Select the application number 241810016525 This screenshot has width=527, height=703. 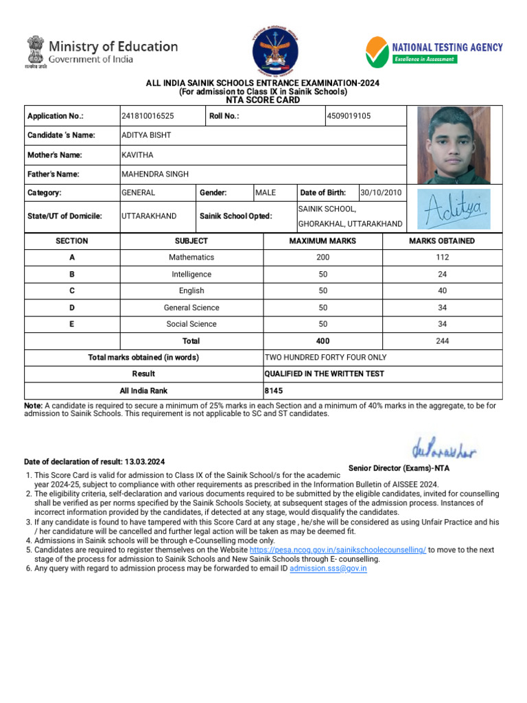click(x=148, y=116)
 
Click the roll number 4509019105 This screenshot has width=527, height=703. click(x=349, y=116)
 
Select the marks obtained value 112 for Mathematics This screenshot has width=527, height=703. click(x=442, y=257)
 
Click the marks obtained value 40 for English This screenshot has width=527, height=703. click(x=442, y=291)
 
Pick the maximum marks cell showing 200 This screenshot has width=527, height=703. click(x=323, y=257)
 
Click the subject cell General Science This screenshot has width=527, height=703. click(x=191, y=308)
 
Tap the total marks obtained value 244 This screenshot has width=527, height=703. click(x=442, y=341)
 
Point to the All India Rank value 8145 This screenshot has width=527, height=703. click(x=274, y=391)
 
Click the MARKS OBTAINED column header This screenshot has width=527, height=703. click(x=442, y=241)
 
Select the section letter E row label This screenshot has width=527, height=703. click(x=71, y=324)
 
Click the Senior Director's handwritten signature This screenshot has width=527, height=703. click(x=444, y=450)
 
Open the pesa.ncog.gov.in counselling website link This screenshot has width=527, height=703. click(x=338, y=551)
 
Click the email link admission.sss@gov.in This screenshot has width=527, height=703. click(x=328, y=569)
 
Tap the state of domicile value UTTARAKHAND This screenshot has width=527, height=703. click(x=149, y=216)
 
